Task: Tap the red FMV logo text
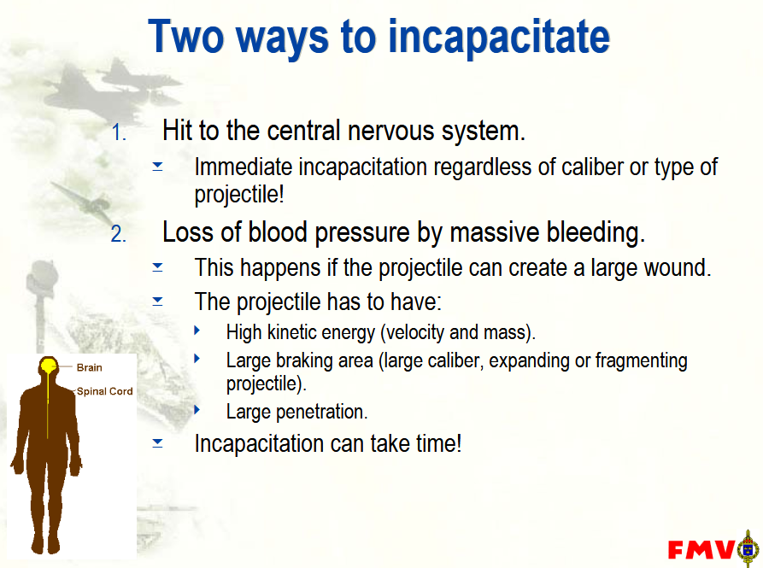pyautogui.click(x=701, y=549)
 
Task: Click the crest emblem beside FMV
pyautogui.click(x=748, y=548)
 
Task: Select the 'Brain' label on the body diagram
pyautogui.click(x=90, y=367)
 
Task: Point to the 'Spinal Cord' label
pyautogui.click(x=104, y=391)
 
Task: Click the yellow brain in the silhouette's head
pyautogui.click(x=48, y=366)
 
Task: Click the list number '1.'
pyautogui.click(x=120, y=132)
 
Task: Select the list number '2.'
pyautogui.click(x=119, y=234)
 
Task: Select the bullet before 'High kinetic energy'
pyautogui.click(x=197, y=331)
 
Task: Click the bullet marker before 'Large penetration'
pyautogui.click(x=197, y=409)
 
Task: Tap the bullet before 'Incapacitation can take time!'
pyautogui.click(x=158, y=442)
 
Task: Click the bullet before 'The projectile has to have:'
pyautogui.click(x=158, y=302)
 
